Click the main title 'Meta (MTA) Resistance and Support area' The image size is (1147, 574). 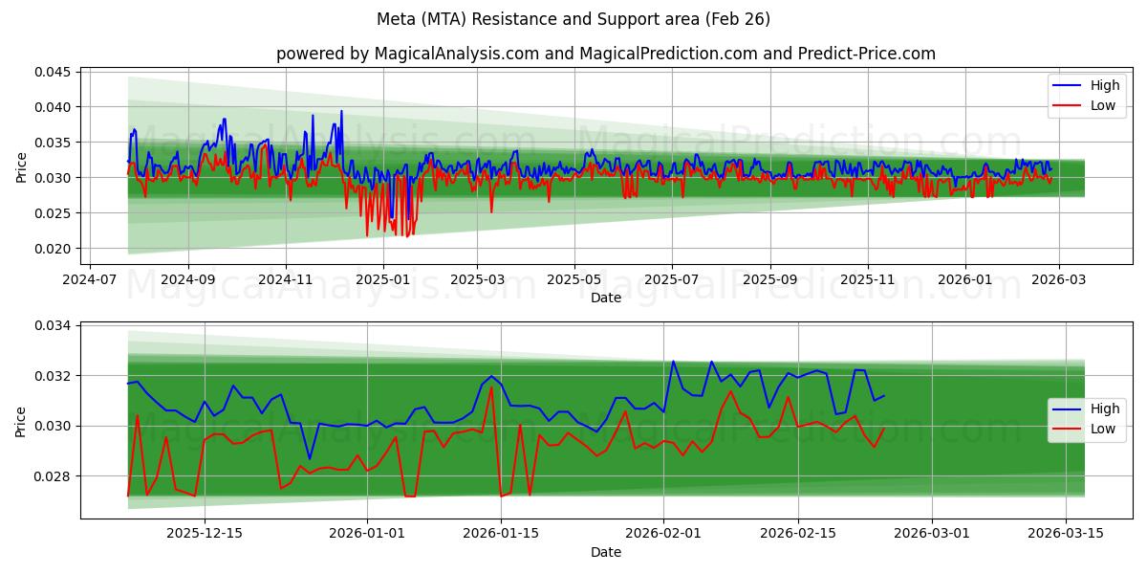tap(573, 19)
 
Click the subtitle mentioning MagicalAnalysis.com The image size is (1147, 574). tap(606, 54)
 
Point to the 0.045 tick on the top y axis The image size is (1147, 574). tap(54, 72)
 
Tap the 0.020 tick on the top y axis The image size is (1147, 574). tap(54, 249)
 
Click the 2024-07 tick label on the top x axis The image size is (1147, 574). tap(90, 281)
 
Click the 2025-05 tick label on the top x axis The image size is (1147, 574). tap(574, 281)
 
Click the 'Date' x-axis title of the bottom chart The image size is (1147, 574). tap(606, 552)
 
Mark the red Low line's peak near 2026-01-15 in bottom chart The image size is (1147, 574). tap(491, 387)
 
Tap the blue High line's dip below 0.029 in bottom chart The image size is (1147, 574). tap(309, 458)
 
